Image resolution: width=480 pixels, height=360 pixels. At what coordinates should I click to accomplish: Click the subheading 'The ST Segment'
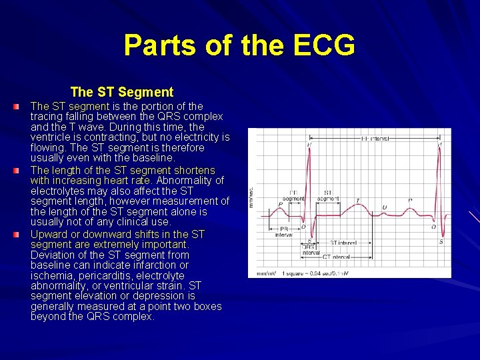[x=121, y=92]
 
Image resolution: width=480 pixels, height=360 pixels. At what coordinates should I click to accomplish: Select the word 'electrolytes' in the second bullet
[x=60, y=191]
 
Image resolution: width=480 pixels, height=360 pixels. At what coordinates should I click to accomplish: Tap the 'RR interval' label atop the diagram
[x=374, y=139]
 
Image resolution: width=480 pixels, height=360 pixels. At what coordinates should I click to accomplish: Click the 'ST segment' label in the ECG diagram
[x=328, y=195]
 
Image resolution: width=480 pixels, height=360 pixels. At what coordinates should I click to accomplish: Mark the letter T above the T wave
[x=357, y=200]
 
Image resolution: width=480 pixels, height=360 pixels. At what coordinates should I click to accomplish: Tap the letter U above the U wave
[x=384, y=207]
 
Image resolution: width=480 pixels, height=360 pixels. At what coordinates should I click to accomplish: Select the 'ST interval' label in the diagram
[x=343, y=243]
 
